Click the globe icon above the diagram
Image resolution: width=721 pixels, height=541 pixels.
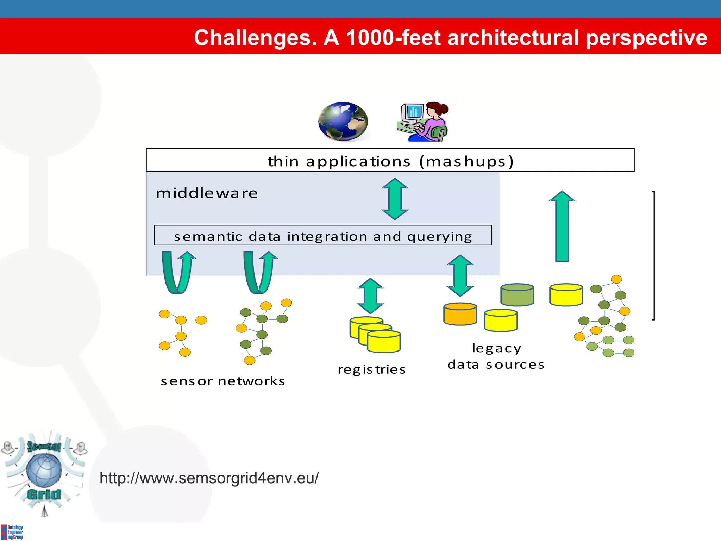343,122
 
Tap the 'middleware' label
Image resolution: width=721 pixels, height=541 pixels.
207,193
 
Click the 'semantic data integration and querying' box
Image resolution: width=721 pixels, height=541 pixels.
323,236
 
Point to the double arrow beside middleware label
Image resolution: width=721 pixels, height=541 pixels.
395,199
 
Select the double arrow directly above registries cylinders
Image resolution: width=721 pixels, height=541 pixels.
370,296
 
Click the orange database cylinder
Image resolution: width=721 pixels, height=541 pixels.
460,314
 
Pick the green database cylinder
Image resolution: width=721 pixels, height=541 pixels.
517,295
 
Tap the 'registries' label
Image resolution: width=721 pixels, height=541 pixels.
371,369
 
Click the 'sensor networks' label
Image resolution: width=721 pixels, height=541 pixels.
222,381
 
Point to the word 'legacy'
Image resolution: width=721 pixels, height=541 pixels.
496,348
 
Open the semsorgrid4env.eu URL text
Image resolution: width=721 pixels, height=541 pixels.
209,478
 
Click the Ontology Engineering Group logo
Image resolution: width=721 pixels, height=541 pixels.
12,532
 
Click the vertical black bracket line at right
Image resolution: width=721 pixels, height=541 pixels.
654,255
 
